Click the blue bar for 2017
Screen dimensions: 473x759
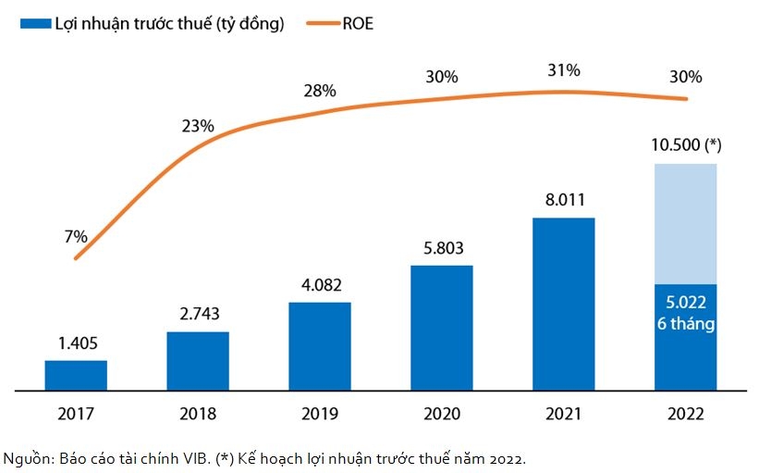pyautogui.click(x=76, y=375)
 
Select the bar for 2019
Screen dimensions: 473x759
pyautogui.click(x=319, y=346)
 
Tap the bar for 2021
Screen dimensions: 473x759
pyautogui.click(x=563, y=304)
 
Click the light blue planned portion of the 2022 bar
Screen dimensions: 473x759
pyautogui.click(x=685, y=223)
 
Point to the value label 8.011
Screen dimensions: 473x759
pyautogui.click(x=563, y=199)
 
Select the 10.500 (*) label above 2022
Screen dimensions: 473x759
pyautogui.click(x=685, y=145)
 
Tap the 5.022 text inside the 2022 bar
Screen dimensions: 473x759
pyautogui.click(x=685, y=305)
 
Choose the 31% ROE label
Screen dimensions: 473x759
pyautogui.click(x=563, y=70)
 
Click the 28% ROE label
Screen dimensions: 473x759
pyautogui.click(x=320, y=91)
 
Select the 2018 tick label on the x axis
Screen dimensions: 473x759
pyautogui.click(x=198, y=414)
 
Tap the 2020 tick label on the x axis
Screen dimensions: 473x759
pyautogui.click(x=441, y=414)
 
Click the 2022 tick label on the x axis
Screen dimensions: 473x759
pyautogui.click(x=685, y=414)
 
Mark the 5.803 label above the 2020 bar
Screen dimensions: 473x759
pyautogui.click(x=441, y=247)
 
